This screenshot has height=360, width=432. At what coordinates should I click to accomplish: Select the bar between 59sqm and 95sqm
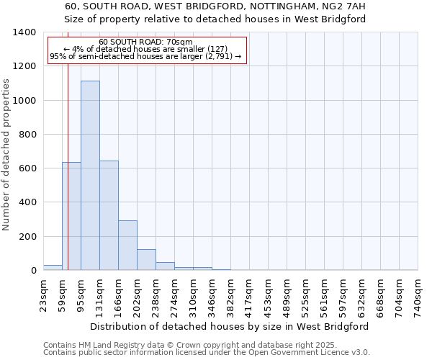click(x=71, y=216)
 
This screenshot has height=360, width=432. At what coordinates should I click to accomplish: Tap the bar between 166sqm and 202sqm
click(x=127, y=245)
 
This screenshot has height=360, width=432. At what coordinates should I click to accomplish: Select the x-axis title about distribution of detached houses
click(x=230, y=326)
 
